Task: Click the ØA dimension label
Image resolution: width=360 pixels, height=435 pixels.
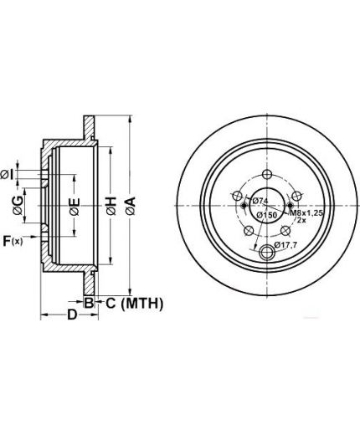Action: (x=131, y=206)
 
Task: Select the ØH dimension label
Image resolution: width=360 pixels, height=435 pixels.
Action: (x=111, y=206)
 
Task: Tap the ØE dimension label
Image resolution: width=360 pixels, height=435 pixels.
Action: (x=75, y=207)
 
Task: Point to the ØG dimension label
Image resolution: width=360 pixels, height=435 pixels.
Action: (x=18, y=206)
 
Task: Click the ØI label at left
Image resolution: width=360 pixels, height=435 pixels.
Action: (x=8, y=175)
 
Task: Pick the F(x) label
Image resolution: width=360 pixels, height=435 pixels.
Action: (x=13, y=241)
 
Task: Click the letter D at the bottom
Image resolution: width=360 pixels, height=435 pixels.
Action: (x=72, y=315)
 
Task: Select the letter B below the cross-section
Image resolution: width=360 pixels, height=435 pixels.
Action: (x=89, y=303)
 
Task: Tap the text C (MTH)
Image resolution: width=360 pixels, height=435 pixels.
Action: (x=134, y=304)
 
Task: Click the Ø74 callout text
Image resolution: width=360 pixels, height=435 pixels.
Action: (x=260, y=201)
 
